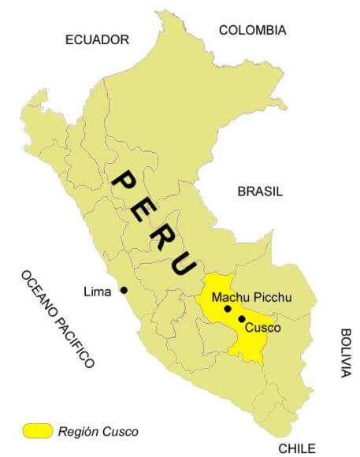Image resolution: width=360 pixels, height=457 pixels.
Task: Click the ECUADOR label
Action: tap(97, 39)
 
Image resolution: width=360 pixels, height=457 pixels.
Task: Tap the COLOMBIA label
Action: tap(252, 30)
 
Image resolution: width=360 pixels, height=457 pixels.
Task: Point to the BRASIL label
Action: tap(259, 191)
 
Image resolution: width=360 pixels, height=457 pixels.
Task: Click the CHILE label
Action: tap(297, 448)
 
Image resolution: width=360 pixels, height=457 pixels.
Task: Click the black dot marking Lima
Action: tap(124, 290)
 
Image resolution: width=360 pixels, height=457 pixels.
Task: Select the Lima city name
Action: tap(97, 292)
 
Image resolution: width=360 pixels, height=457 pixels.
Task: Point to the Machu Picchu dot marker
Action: tap(227, 309)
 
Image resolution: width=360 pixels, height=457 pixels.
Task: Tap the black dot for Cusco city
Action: tap(240, 318)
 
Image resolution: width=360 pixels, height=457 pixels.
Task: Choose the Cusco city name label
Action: tap(262, 327)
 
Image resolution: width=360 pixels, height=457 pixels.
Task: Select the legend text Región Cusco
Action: tap(98, 431)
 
